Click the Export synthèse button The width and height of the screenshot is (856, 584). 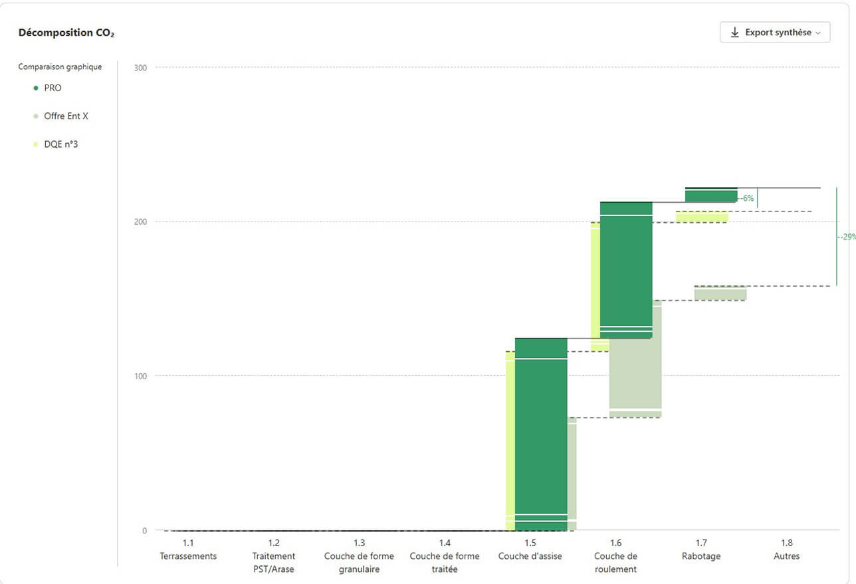tap(775, 32)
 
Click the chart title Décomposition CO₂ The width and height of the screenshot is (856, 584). tap(66, 33)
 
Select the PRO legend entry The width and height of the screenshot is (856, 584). tap(47, 88)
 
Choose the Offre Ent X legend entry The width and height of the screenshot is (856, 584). tap(60, 116)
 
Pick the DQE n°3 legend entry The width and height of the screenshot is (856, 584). tap(56, 144)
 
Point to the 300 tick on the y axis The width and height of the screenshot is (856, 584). tap(140, 68)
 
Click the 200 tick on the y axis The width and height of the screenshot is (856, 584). tap(140, 221)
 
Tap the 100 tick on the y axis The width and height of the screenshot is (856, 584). tap(140, 376)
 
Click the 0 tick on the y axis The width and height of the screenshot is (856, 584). tap(144, 531)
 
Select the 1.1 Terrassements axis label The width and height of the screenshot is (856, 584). tap(188, 549)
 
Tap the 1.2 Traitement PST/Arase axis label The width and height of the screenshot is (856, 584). tap(274, 555)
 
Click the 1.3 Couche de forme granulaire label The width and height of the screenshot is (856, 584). tap(359, 555)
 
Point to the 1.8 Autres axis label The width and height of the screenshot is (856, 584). tap(786, 549)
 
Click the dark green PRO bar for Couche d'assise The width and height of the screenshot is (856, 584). tap(541, 434)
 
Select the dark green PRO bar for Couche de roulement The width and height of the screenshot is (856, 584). tap(626, 270)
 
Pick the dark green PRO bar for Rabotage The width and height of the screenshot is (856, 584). tap(711, 195)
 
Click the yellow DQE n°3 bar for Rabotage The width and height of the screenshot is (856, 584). tap(702, 217)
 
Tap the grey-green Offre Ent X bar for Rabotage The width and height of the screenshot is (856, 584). tap(720, 293)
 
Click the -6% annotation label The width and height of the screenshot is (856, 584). tap(747, 198)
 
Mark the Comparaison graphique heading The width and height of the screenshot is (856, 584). tap(60, 67)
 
